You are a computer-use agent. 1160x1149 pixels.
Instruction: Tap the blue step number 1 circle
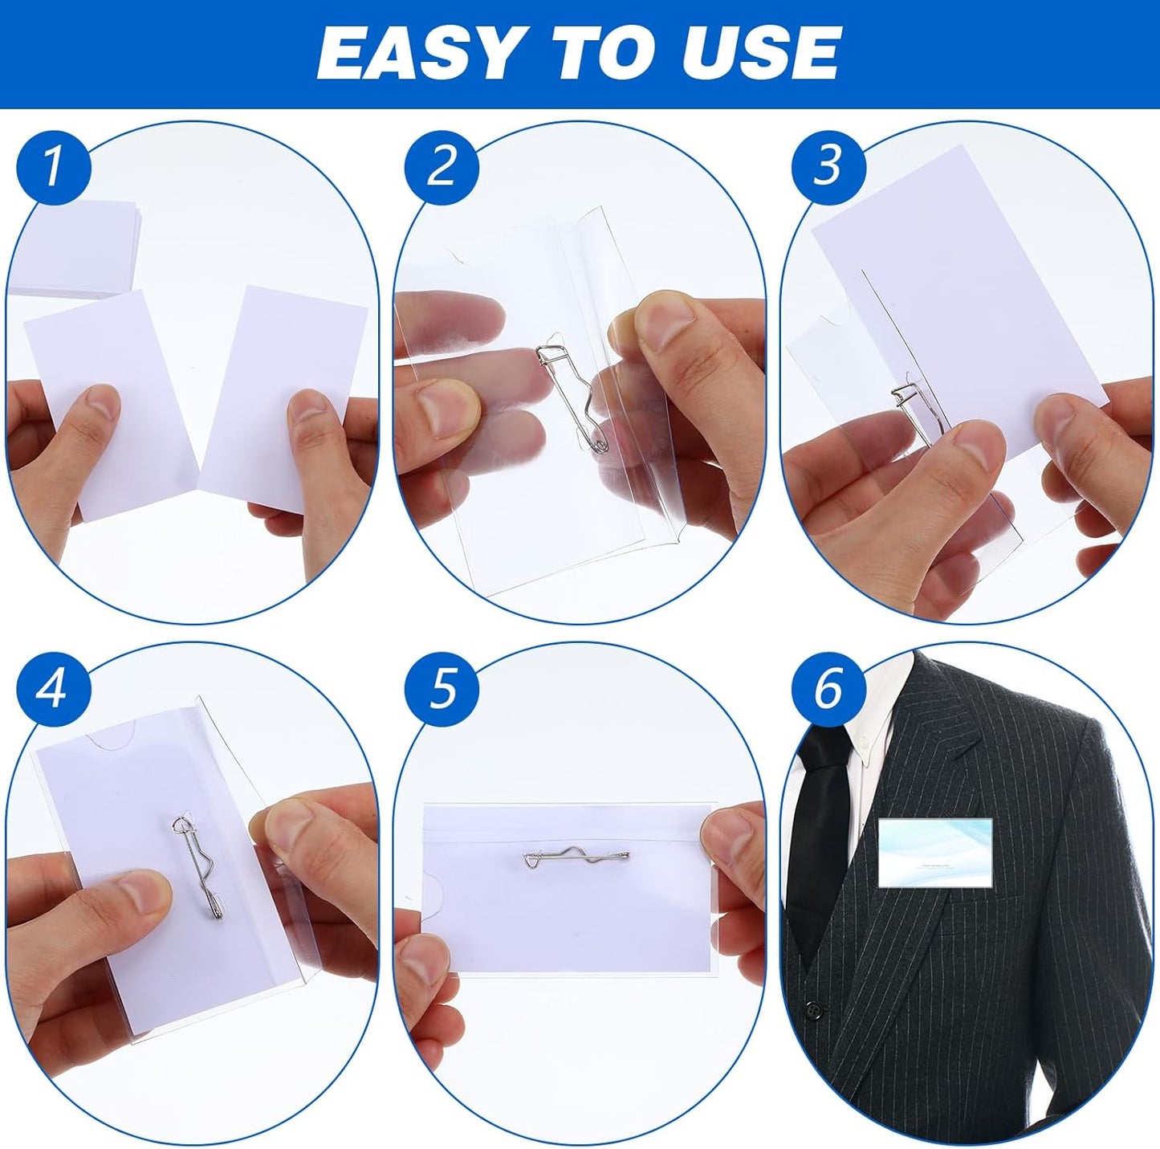(x=53, y=166)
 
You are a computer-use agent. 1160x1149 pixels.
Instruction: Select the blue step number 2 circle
(x=442, y=166)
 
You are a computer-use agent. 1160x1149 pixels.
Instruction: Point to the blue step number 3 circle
(x=828, y=166)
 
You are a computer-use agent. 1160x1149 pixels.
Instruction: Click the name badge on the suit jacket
(x=935, y=853)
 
